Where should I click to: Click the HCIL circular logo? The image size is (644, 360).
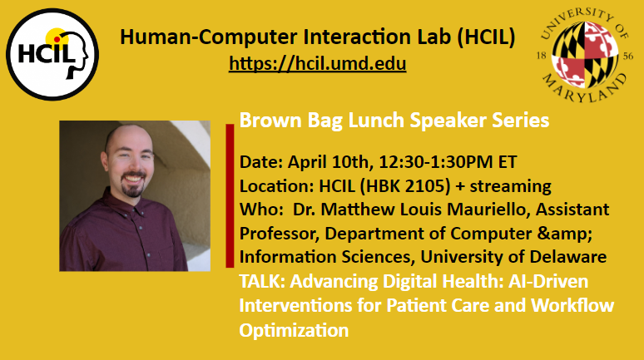click(52, 54)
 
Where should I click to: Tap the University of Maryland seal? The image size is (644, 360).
click(585, 56)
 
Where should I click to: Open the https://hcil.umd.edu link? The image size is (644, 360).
click(318, 64)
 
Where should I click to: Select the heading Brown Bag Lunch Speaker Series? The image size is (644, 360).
click(394, 121)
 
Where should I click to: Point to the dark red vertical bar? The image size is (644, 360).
click(230, 196)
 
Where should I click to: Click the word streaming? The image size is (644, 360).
click(510, 187)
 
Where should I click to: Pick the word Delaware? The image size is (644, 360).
click(568, 257)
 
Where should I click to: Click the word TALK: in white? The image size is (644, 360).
click(262, 282)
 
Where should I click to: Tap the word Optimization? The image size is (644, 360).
click(294, 330)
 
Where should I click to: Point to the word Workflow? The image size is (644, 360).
click(572, 305)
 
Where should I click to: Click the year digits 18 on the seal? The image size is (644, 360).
click(542, 56)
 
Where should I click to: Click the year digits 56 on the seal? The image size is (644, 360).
click(628, 57)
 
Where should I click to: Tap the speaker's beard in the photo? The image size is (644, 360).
click(132, 187)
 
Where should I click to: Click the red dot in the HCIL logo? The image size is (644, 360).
click(57, 39)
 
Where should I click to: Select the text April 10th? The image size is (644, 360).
click(330, 162)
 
